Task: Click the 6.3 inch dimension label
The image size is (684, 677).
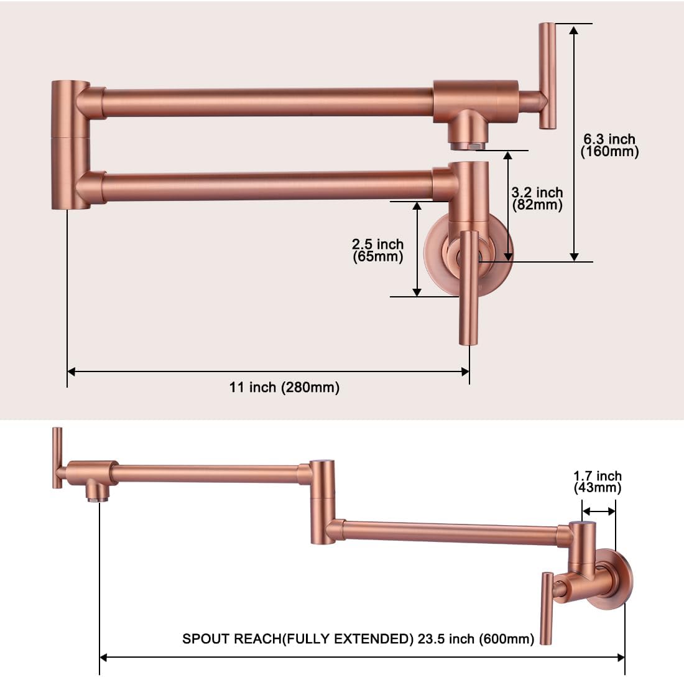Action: tap(609, 139)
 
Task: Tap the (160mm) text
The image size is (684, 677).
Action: tap(609, 152)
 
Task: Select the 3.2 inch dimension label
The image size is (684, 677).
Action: tap(537, 193)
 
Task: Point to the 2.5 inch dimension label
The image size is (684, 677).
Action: tap(377, 245)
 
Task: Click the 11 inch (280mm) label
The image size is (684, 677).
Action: tap(285, 388)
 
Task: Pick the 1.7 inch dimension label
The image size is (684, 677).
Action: tap(598, 477)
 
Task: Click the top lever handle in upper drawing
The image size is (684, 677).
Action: tap(547, 75)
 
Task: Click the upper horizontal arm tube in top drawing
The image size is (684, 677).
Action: tap(267, 102)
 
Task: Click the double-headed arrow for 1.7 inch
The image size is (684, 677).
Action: tap(599, 511)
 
